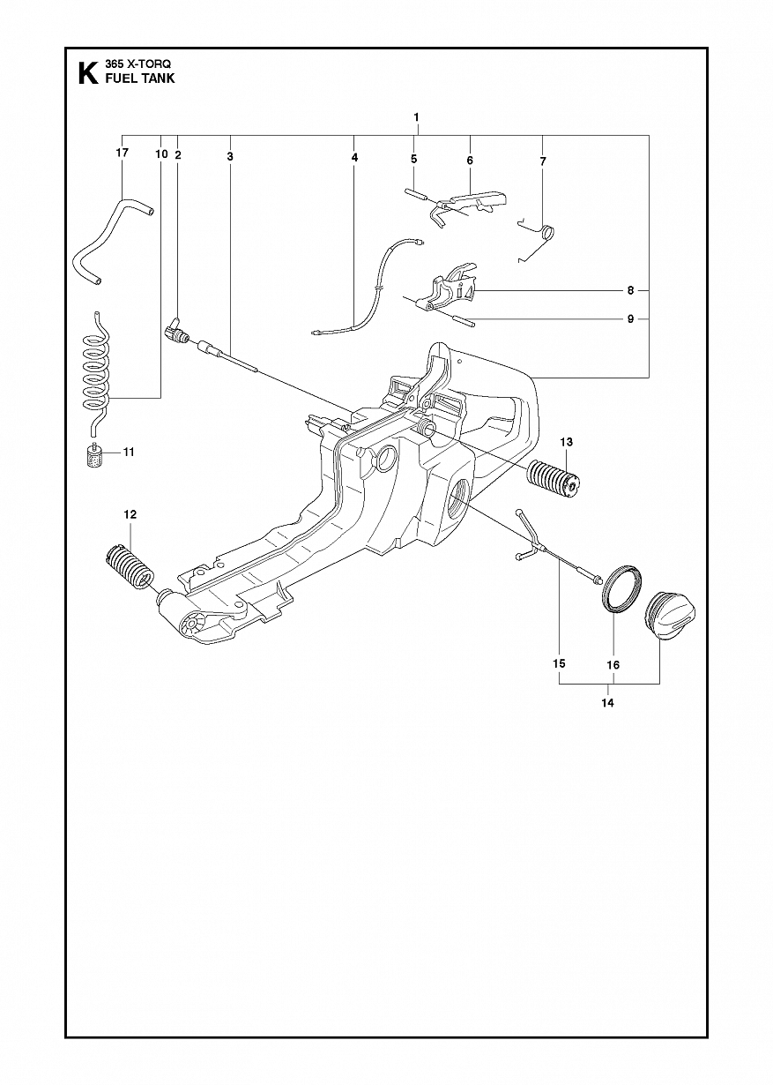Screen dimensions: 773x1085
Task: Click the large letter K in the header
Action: pos(87,73)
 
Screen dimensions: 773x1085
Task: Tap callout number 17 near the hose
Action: pos(123,153)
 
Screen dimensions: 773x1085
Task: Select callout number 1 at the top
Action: pos(416,116)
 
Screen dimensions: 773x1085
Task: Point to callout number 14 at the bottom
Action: pos(608,702)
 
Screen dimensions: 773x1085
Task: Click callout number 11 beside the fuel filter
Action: pos(129,452)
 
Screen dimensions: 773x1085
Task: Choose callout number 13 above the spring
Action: pos(567,442)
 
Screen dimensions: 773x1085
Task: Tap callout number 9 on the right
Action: pos(630,319)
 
